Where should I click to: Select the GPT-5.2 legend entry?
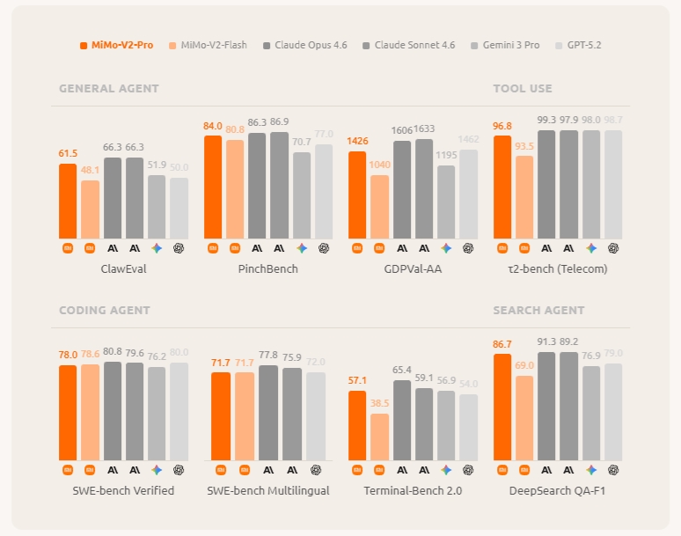(x=584, y=45)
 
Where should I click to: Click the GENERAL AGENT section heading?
(x=109, y=89)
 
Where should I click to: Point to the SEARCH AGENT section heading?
(x=538, y=311)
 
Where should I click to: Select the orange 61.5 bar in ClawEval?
(x=68, y=201)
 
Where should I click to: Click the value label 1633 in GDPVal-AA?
(x=424, y=128)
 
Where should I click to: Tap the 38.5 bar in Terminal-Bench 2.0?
(x=379, y=437)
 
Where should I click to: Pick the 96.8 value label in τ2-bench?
(x=502, y=126)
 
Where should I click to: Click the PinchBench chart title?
(x=268, y=268)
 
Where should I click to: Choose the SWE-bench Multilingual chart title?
(x=268, y=490)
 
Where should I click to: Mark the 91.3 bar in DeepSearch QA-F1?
(x=546, y=406)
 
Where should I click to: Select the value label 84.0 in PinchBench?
(x=213, y=126)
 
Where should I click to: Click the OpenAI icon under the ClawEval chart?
(x=179, y=248)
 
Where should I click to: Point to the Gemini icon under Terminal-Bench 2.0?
(x=446, y=470)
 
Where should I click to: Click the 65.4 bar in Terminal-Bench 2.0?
(x=402, y=420)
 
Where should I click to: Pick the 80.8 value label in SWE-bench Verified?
(x=113, y=352)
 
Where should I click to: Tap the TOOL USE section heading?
(x=523, y=89)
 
